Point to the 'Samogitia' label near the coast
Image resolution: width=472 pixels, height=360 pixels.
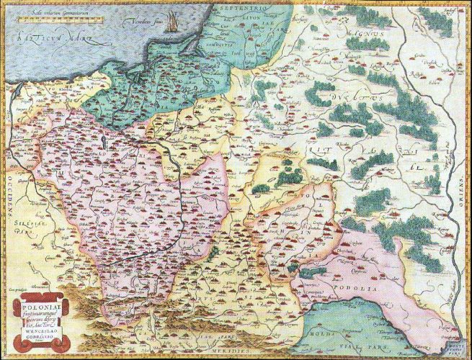(x=235, y=42)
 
